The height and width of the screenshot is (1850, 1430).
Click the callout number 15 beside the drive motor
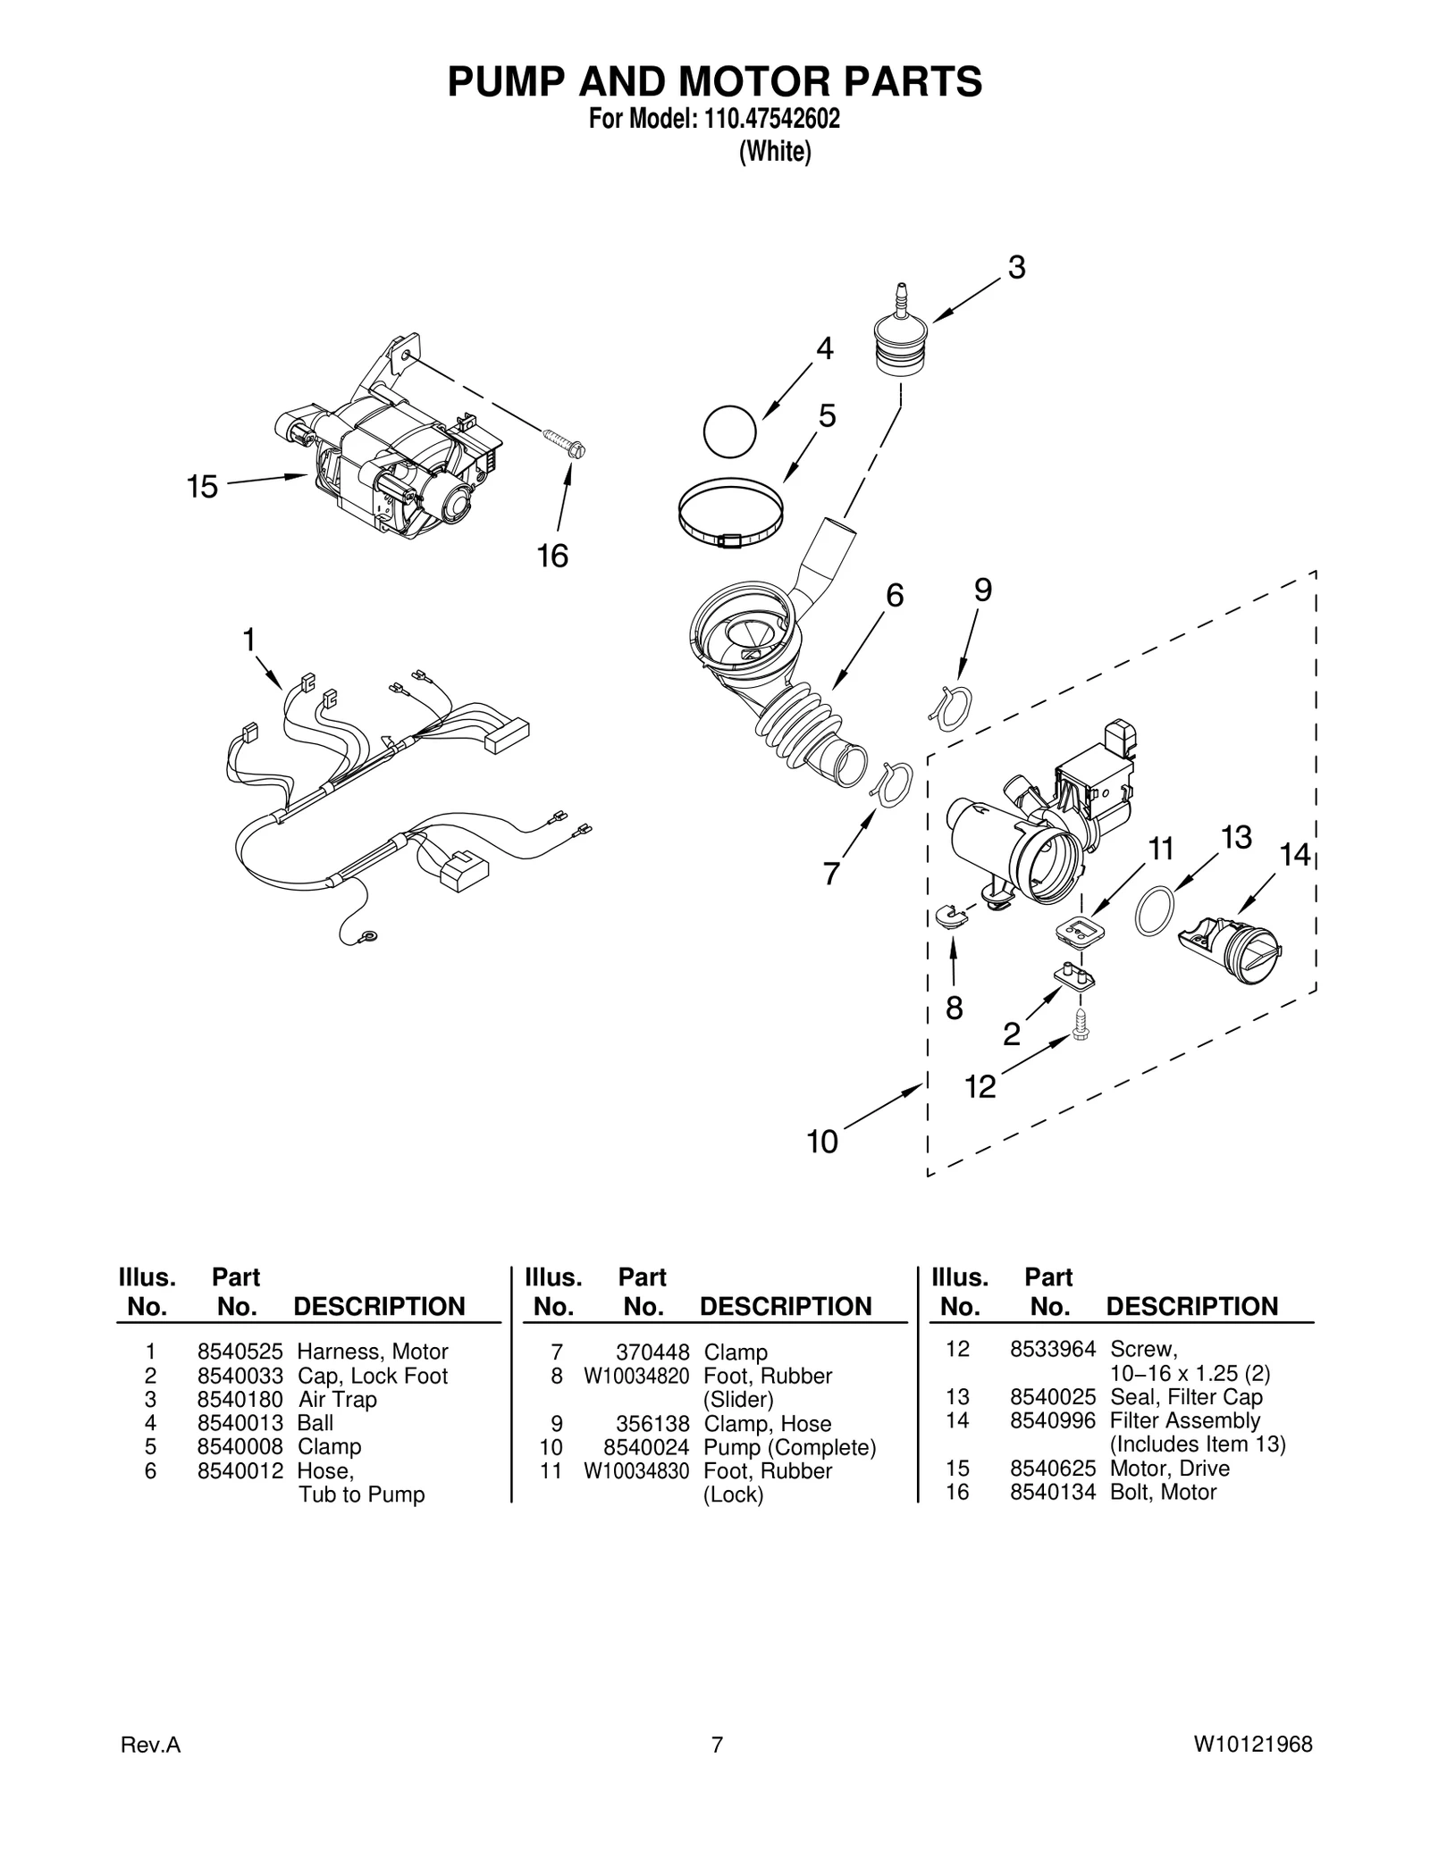pyautogui.click(x=202, y=487)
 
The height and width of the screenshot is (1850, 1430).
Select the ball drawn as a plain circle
pyautogui.click(x=729, y=431)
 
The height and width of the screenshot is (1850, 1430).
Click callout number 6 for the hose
pyautogui.click(x=895, y=595)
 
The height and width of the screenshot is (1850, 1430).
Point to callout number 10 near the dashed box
pyautogui.click(x=822, y=1142)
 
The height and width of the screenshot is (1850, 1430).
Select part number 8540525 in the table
pyautogui.click(x=240, y=1352)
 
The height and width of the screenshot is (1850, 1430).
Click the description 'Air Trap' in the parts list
pyautogui.click(x=337, y=1399)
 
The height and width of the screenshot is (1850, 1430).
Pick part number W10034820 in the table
pyautogui.click(x=636, y=1376)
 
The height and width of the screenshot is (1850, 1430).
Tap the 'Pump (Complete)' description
pyautogui.click(x=789, y=1447)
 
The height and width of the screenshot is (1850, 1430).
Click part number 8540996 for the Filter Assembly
pyautogui.click(x=1052, y=1420)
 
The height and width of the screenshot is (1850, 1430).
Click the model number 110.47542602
pyautogui.click(x=766, y=119)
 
